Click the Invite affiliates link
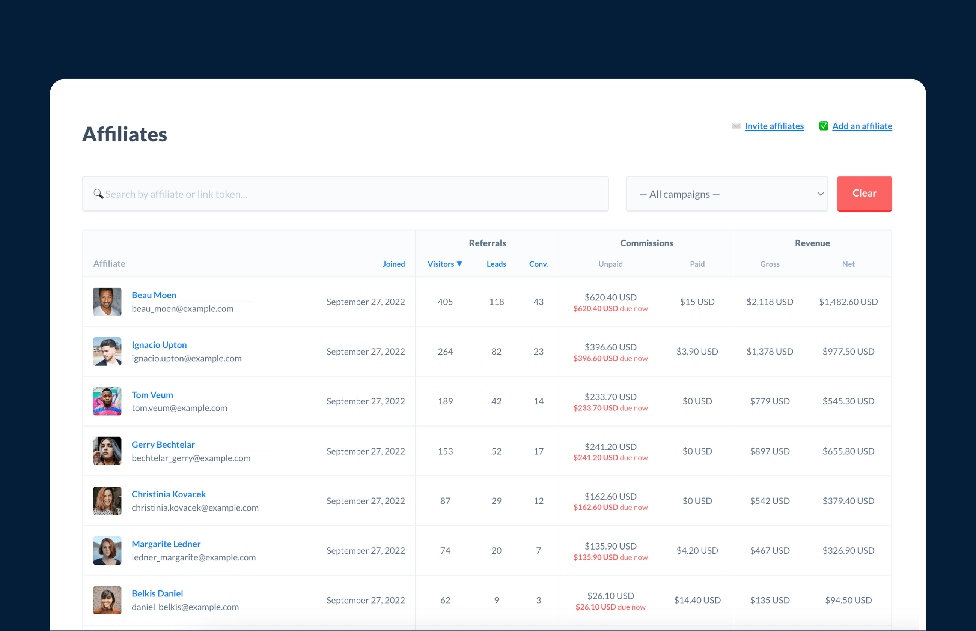point(774,126)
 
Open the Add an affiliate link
point(862,126)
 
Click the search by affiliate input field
point(345,194)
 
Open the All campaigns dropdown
point(726,194)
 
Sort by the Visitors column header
point(444,264)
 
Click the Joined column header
point(393,264)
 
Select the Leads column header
point(496,264)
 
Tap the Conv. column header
point(538,264)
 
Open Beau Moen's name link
point(154,295)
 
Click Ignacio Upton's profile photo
point(107,352)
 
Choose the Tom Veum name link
point(152,395)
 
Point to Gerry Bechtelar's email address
point(191,458)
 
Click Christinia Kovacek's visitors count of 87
point(445,501)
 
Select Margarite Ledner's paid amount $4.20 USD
point(697,551)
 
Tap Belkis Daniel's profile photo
point(107,600)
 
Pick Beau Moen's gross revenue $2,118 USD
point(770,302)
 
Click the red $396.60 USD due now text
point(610,359)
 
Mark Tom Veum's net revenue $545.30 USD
point(848,401)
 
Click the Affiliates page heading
point(125,134)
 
